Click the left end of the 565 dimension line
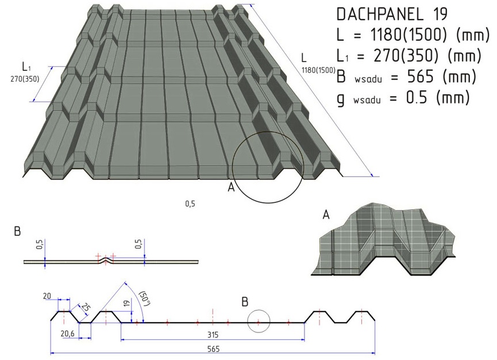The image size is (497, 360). point(51,353)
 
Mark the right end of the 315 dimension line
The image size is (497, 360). point(305,340)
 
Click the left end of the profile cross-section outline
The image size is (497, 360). point(51,320)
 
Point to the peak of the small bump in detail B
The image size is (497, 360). point(106,258)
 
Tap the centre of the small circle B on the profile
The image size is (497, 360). point(259,321)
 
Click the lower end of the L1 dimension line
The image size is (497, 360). point(33,101)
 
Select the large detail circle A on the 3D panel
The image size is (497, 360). point(268,167)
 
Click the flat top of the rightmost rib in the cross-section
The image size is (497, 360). point(361,312)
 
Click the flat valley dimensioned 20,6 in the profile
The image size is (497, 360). point(85,323)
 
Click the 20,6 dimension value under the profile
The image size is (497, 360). point(67,334)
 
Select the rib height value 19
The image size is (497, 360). point(126,304)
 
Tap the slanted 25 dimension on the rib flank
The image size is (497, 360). point(86,307)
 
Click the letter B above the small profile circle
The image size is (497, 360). point(245,302)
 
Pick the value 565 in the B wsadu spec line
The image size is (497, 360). point(420,76)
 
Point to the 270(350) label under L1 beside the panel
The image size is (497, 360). point(25,79)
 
